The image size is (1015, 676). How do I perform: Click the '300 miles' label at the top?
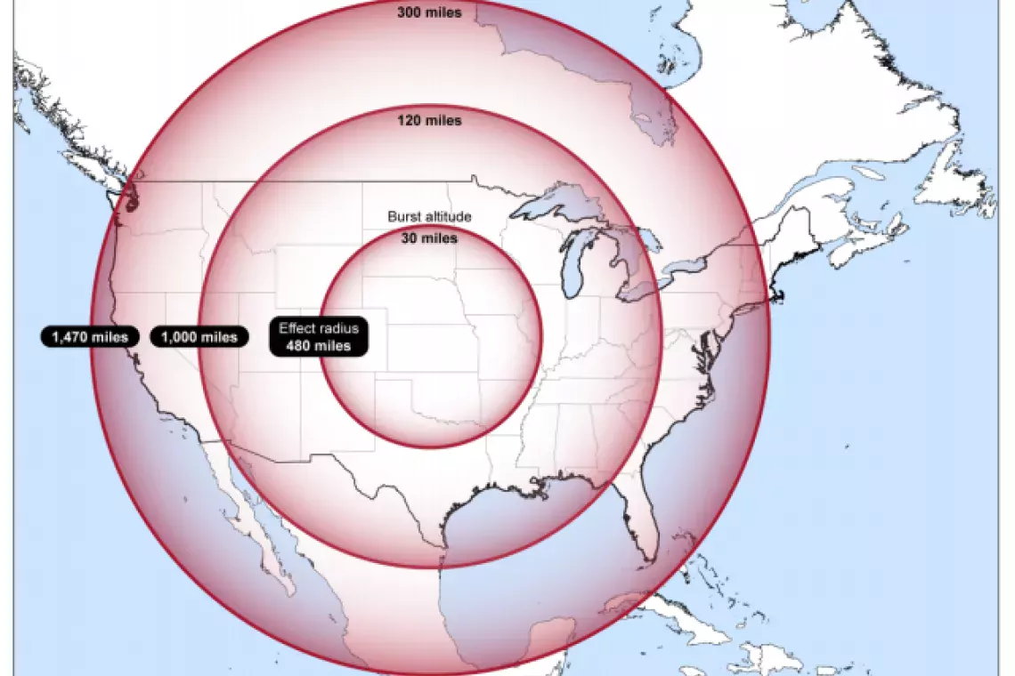tap(429, 13)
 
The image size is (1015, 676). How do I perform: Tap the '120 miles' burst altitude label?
tap(429, 120)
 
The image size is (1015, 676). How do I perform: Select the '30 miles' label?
tap(429, 238)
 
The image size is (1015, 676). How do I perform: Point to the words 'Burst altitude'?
tap(429, 217)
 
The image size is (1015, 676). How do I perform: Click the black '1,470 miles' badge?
tap(90, 337)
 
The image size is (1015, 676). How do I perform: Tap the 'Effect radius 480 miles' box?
tap(318, 337)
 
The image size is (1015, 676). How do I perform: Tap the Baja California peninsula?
tap(254, 525)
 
